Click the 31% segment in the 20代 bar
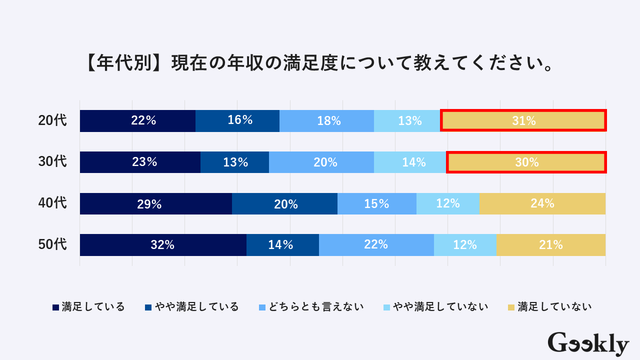523,120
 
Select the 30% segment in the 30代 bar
526,162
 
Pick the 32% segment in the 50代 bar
163,245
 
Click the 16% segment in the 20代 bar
237,120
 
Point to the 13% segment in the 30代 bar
234,162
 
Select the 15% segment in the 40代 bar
376,203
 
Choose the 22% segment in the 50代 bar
376,245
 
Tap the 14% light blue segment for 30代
410,162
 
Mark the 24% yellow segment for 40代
542,203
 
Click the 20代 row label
52,120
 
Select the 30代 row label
52,162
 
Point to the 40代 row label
52,203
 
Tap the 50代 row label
52,245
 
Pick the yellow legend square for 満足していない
511,307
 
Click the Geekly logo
588,344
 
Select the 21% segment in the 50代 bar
551,245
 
